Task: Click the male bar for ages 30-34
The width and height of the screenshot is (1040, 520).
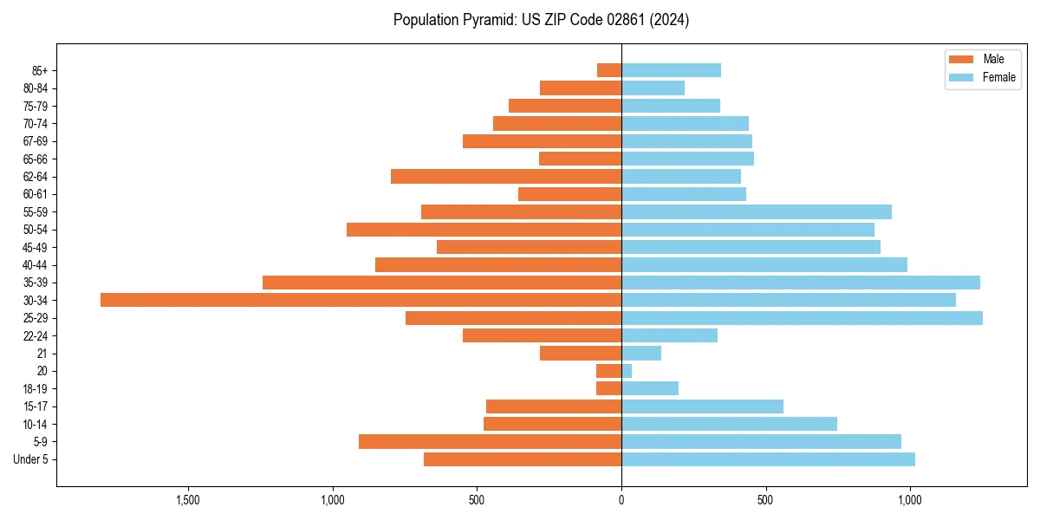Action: [361, 300]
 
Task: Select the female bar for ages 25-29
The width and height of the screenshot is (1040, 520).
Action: [802, 318]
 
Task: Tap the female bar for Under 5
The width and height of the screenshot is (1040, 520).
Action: [768, 459]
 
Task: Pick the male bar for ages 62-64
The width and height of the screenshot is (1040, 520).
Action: [506, 177]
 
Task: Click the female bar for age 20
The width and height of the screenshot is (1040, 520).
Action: [627, 371]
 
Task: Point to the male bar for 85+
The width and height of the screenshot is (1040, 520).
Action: [609, 70]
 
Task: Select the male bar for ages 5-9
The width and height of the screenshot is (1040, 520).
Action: [490, 442]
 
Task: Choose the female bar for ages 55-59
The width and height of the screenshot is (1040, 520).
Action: [757, 211]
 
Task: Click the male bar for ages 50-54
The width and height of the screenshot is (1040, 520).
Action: [484, 230]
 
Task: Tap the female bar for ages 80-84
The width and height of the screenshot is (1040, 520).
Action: [653, 88]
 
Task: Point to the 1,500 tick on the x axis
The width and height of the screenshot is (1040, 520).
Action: [188, 500]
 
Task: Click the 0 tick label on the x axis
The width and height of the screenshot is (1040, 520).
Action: [621, 500]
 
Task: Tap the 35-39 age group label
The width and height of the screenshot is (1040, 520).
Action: [36, 283]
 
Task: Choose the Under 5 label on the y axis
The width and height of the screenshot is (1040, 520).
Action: [30, 459]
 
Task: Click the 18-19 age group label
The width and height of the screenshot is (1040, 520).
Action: [36, 388]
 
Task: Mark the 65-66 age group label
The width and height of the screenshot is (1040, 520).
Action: [36, 159]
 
